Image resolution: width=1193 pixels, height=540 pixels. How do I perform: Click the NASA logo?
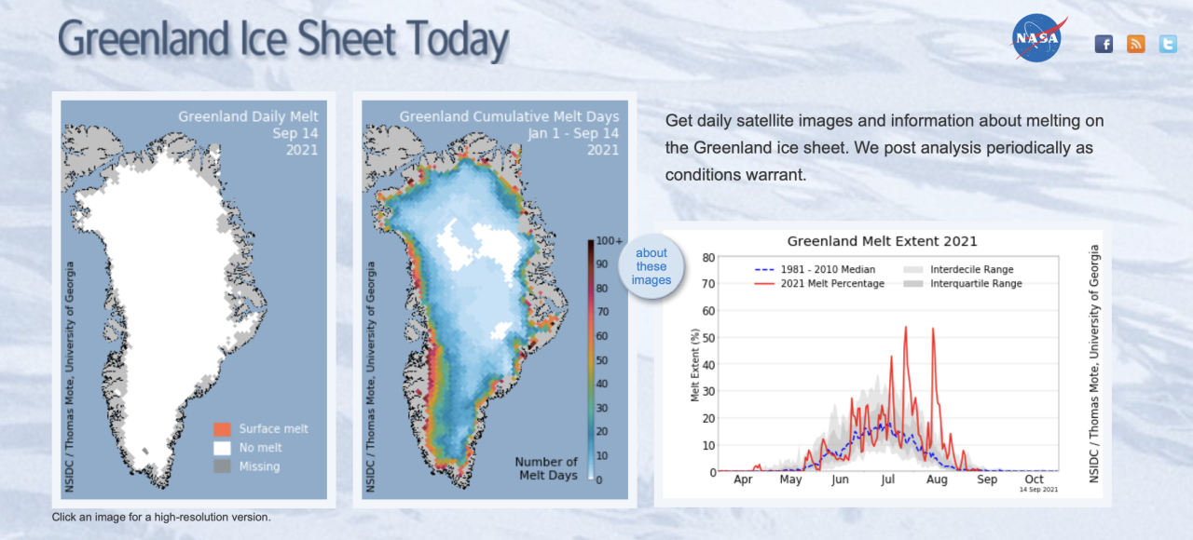[1037, 39]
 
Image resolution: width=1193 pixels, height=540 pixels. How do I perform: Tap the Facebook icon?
[1104, 44]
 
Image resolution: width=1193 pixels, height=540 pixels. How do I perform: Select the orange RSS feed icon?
[1135, 44]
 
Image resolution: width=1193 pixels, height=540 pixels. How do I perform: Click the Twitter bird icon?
[1168, 44]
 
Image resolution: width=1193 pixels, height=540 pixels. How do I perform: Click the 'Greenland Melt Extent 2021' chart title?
[882, 241]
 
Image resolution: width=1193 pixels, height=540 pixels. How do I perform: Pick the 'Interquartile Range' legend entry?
[976, 284]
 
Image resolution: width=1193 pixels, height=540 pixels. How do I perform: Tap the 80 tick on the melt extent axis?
[708, 258]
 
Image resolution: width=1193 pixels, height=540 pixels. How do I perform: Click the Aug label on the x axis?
[937, 480]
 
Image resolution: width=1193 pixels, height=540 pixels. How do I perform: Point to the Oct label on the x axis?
[1034, 480]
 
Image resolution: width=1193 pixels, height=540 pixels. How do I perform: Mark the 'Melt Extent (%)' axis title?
[695, 364]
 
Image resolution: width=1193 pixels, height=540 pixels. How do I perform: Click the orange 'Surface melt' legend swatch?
[221, 429]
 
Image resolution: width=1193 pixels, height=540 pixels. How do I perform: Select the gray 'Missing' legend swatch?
[221, 466]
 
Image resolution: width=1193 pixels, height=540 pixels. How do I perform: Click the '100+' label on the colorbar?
[609, 241]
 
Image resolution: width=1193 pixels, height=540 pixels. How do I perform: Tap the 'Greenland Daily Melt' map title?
[248, 117]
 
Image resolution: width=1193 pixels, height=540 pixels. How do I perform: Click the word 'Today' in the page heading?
[444, 40]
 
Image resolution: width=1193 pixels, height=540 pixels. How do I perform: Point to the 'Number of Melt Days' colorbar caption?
[546, 468]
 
